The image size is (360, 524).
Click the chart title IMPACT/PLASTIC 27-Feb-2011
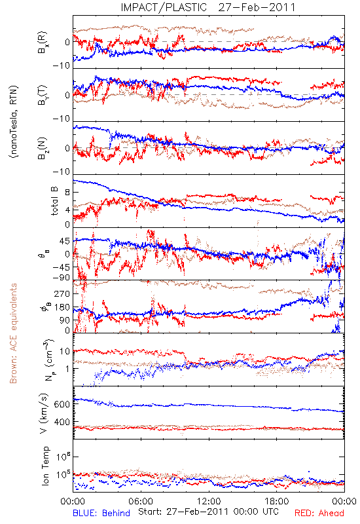(x=208, y=7)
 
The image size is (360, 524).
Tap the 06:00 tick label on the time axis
(x=141, y=501)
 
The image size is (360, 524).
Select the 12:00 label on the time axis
(x=209, y=501)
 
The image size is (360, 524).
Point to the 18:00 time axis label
(x=277, y=501)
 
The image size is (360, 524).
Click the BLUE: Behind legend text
(x=101, y=513)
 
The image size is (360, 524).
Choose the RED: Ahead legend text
(x=319, y=513)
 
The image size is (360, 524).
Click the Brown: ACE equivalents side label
(x=13, y=333)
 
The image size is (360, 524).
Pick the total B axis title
(x=54, y=201)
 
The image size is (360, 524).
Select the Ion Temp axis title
(x=45, y=466)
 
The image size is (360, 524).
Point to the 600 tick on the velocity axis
(x=62, y=404)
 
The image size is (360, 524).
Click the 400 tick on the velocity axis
(x=62, y=422)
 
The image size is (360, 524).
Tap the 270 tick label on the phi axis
(x=62, y=293)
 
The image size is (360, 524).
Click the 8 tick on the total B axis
(x=67, y=193)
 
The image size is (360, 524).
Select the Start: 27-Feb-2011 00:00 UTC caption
(x=208, y=512)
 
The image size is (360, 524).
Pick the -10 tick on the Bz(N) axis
(x=62, y=172)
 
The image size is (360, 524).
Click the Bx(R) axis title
(x=43, y=43)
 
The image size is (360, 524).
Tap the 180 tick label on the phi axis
(x=62, y=307)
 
